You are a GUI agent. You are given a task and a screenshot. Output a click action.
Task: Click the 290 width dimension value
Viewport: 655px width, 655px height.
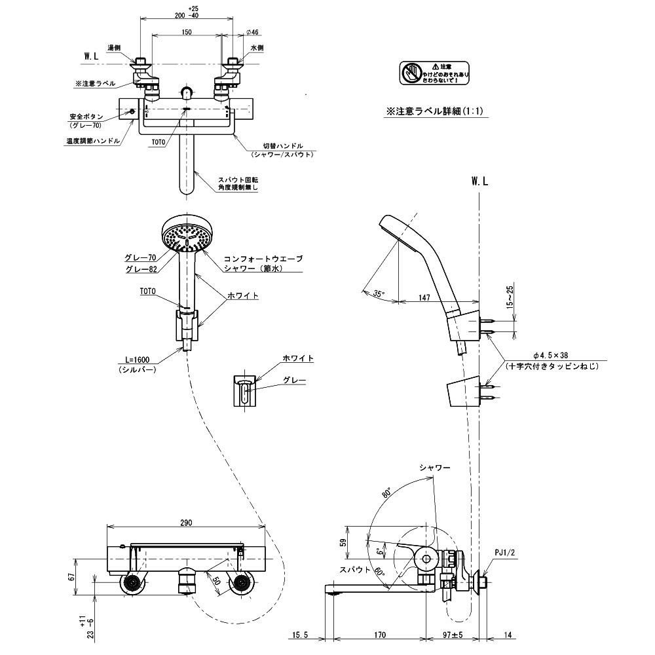[185, 523]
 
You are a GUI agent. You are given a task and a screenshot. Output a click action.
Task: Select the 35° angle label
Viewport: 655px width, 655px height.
[379, 294]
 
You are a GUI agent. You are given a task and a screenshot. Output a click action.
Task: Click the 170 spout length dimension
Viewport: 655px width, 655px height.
[380, 634]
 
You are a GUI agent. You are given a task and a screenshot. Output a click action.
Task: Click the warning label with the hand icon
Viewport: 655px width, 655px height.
[435, 72]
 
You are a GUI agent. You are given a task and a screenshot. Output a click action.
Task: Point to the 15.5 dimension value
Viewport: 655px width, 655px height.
[301, 634]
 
